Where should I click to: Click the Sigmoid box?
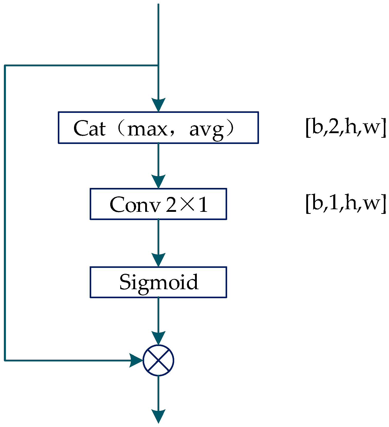click(x=158, y=282)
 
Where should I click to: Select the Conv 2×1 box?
click(x=158, y=204)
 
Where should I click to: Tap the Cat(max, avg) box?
click(x=158, y=128)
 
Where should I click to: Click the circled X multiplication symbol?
click(x=159, y=360)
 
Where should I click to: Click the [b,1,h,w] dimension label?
click(x=346, y=203)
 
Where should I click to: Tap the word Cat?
click(x=89, y=128)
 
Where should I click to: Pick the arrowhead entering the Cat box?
click(x=158, y=105)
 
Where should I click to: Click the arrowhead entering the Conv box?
click(x=158, y=181)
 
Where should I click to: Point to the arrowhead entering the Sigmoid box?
click(x=158, y=260)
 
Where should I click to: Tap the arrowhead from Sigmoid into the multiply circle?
click(x=158, y=338)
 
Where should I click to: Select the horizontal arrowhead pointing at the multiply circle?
click(x=136, y=360)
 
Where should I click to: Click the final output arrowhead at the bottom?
click(x=158, y=416)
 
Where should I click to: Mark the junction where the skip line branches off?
click(x=158, y=66)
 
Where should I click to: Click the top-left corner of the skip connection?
click(x=5, y=66)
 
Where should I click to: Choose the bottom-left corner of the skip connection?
click(x=5, y=360)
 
